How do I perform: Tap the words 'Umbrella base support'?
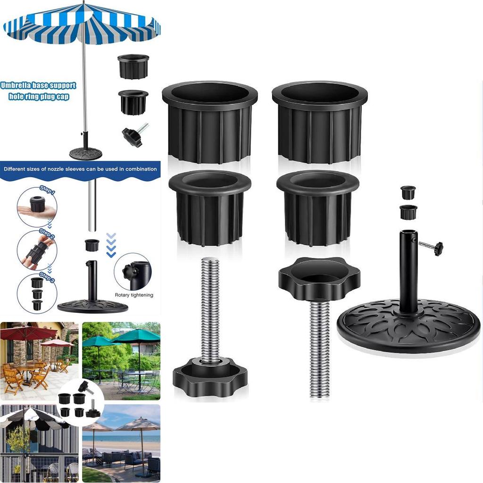click(x=38, y=85)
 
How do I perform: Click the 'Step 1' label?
click(x=47, y=190)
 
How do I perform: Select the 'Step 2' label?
click(x=47, y=234)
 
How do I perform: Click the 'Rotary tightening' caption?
click(x=134, y=295)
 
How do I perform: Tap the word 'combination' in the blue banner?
click(x=142, y=169)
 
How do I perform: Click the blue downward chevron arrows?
click(x=111, y=245)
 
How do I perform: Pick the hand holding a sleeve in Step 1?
click(x=37, y=211)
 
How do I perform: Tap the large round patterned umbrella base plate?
click(x=408, y=326)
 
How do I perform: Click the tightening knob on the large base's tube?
click(x=437, y=248)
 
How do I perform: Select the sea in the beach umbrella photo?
click(x=121, y=437)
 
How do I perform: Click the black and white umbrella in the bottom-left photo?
click(x=34, y=417)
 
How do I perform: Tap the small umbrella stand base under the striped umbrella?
click(x=85, y=152)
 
